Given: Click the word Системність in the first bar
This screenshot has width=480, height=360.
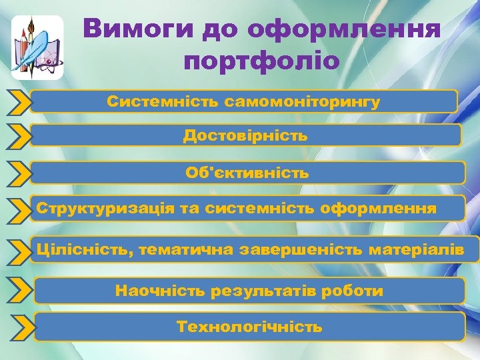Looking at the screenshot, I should (x=163, y=102).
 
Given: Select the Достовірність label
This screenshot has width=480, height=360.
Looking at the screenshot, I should (x=245, y=136).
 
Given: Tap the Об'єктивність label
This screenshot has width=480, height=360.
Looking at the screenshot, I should (x=247, y=173).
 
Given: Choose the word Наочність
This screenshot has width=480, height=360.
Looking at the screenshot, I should (x=160, y=291).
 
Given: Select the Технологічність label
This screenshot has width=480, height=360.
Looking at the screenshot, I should (x=249, y=327).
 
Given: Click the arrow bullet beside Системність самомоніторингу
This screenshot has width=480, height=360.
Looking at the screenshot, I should (x=19, y=102).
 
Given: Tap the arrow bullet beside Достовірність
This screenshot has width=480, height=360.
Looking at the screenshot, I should (x=19, y=136).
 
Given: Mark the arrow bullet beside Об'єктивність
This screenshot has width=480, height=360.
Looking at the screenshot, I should (x=19, y=173).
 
